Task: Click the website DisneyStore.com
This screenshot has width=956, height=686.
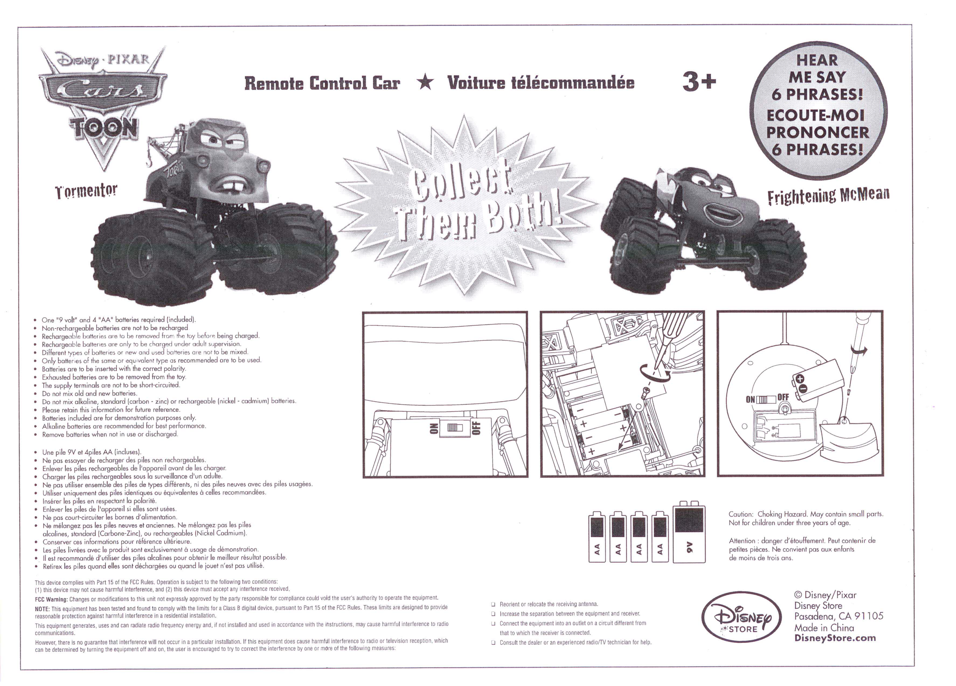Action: [x=835, y=638]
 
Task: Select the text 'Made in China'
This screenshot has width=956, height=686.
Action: [x=824, y=627]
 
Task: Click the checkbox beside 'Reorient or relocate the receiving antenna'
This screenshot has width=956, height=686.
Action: [x=493, y=604]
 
